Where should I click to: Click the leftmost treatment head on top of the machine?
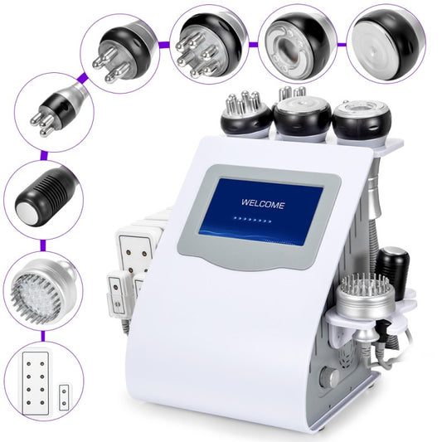tap(246, 114)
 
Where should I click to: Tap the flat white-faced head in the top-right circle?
tap(385, 39)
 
